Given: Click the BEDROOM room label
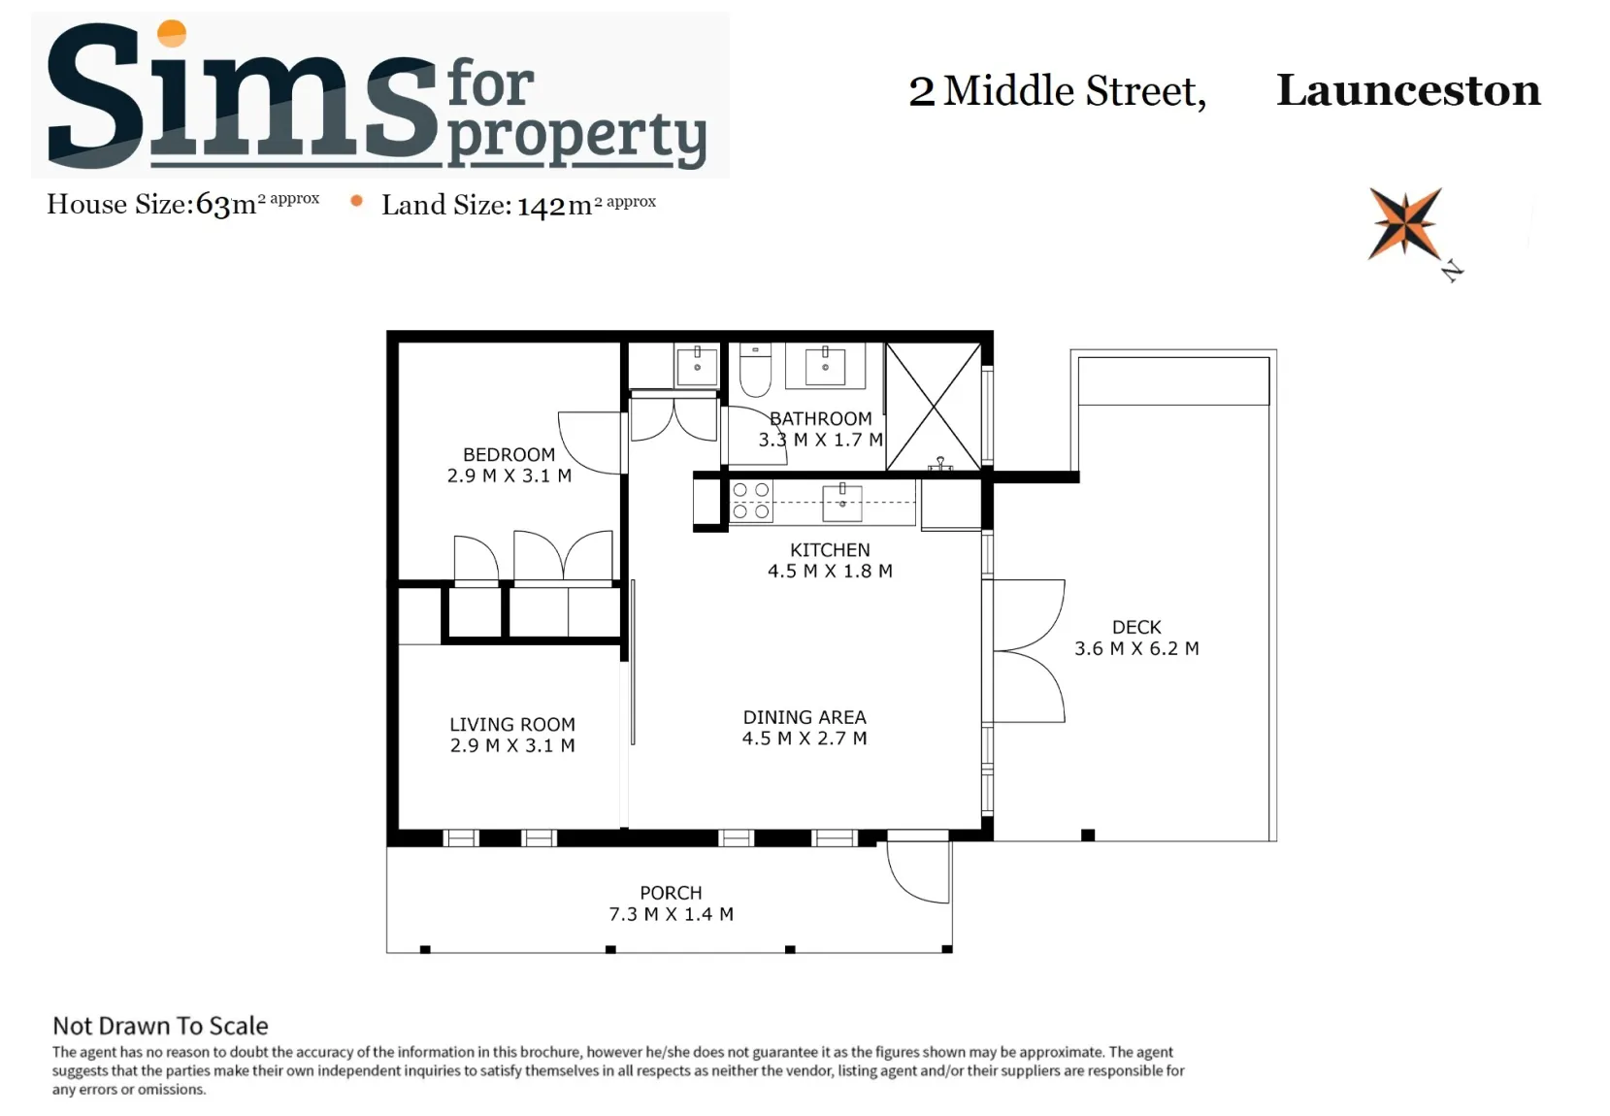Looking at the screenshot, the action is pyautogui.click(x=509, y=455).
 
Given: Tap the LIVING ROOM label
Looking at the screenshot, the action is pyautogui.click(x=512, y=724).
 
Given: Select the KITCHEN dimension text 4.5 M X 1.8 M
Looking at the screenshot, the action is pyautogui.click(x=830, y=572).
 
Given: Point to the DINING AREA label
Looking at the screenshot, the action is pyautogui.click(x=805, y=717).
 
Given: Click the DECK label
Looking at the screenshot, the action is pyautogui.click(x=1136, y=627).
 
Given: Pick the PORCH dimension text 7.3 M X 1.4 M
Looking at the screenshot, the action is pyautogui.click(x=672, y=914).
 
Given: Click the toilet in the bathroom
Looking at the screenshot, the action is pyautogui.click(x=755, y=370).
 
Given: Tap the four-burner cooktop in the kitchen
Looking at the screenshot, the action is pyautogui.click(x=751, y=501).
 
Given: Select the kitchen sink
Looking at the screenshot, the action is pyautogui.click(x=842, y=502).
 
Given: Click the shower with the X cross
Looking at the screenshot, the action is pyautogui.click(x=934, y=407).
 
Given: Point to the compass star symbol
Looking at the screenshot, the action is pyautogui.click(x=1404, y=224).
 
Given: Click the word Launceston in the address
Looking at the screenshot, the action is pyautogui.click(x=1408, y=90).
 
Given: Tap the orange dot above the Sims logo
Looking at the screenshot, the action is pyautogui.click(x=172, y=33).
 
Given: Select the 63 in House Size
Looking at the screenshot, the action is pyautogui.click(x=214, y=205).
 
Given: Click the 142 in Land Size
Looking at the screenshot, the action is pyautogui.click(x=542, y=207).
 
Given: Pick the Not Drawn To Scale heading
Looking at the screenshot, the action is pyautogui.click(x=160, y=1026).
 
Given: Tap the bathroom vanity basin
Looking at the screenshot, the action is pyautogui.click(x=825, y=367).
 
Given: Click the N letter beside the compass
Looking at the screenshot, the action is pyautogui.click(x=1453, y=271).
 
